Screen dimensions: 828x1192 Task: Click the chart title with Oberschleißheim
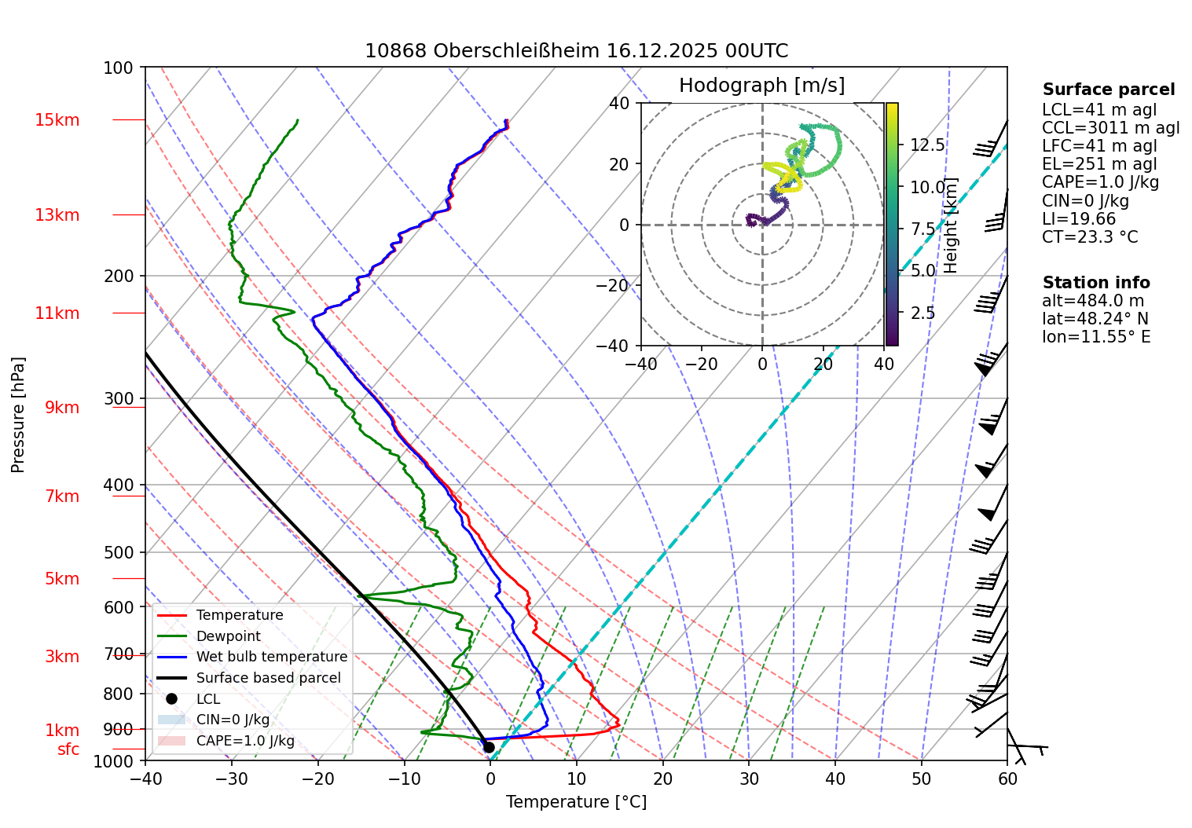click(576, 51)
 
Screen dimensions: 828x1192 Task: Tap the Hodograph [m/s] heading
click(761, 86)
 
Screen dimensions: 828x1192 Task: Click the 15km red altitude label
click(57, 120)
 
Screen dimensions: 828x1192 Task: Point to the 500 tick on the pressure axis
click(119, 552)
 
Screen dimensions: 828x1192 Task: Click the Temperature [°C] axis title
click(576, 802)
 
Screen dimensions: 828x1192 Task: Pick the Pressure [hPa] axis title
click(18, 415)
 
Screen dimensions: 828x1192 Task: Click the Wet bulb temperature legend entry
click(271, 657)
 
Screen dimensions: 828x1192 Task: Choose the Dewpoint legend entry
click(228, 636)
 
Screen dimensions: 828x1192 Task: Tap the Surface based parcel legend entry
click(268, 678)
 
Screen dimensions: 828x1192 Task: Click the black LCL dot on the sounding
click(488, 747)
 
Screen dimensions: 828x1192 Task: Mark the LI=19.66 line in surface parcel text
click(1078, 219)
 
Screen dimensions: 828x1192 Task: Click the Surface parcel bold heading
click(1108, 90)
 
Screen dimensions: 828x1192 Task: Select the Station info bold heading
click(1095, 283)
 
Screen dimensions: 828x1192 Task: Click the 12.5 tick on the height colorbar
click(927, 145)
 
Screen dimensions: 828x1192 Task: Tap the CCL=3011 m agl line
click(1110, 128)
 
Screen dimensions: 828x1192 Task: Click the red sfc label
click(68, 749)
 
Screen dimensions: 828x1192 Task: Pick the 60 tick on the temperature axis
click(1007, 779)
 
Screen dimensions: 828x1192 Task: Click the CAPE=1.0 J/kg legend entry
click(245, 741)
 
